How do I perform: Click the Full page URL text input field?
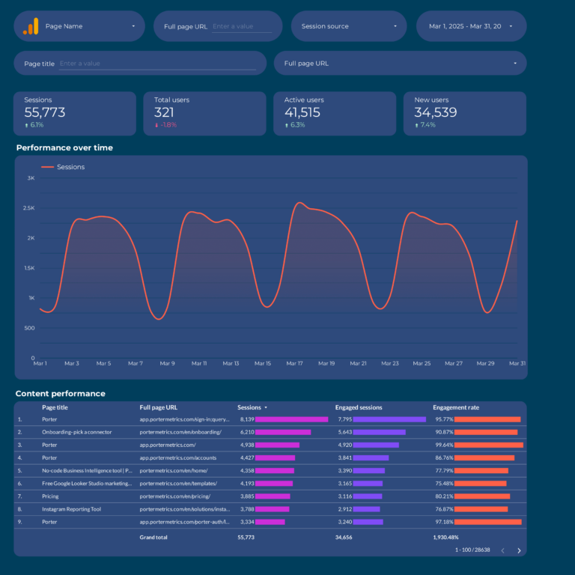click(242, 26)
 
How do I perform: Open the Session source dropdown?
click(348, 26)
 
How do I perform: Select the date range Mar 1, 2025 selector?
click(470, 26)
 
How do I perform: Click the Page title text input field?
click(157, 64)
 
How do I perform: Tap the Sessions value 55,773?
click(45, 112)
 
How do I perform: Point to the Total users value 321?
click(164, 112)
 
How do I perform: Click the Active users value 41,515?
click(302, 112)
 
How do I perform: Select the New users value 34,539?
click(436, 112)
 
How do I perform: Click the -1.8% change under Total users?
click(168, 125)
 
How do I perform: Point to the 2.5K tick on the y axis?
click(30, 208)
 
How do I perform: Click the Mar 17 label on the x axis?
click(294, 363)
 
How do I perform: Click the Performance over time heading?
click(64, 147)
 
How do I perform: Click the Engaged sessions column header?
click(359, 407)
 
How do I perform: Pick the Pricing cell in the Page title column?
click(50, 496)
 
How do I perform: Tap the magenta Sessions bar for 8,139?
click(291, 419)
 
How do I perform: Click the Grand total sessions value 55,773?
click(246, 537)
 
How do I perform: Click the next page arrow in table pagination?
click(519, 550)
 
